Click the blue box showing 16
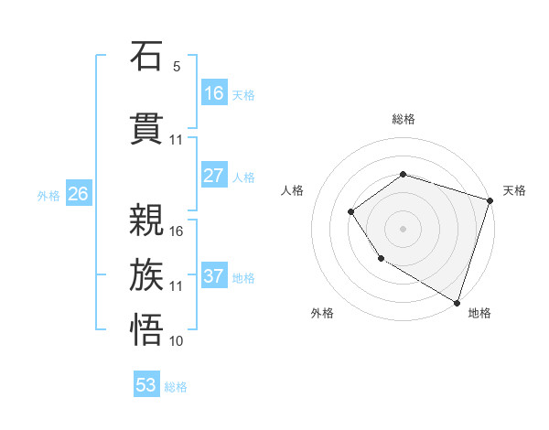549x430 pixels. pos(213,93)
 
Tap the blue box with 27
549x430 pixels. pos(213,176)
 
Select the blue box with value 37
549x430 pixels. pos(213,276)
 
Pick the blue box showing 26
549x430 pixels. pos(79,194)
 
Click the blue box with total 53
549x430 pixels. pos(146,385)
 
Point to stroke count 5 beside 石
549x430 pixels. pos(177,67)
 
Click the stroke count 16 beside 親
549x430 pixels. pos(177,231)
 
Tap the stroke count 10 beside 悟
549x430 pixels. pos(177,341)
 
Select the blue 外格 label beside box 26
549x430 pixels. pos(48,195)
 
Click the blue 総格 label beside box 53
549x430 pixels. pos(176,386)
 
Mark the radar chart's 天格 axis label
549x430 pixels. pos(514,190)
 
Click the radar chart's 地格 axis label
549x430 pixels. pos(479,313)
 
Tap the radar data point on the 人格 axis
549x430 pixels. pos(350,212)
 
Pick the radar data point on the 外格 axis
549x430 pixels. pos(381,260)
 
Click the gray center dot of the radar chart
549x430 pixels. pos(403,229)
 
